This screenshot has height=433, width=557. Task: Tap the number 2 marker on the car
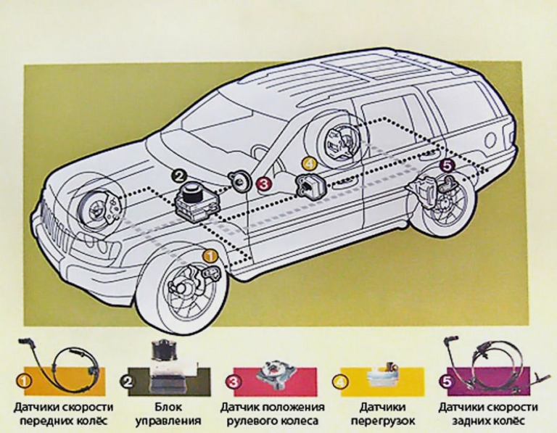(178, 174)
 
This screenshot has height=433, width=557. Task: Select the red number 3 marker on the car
(265, 183)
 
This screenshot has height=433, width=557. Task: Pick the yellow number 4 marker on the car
(309, 165)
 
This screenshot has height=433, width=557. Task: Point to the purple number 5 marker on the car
(447, 167)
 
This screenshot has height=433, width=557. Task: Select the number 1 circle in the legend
(24, 379)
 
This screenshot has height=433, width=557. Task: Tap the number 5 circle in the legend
(447, 379)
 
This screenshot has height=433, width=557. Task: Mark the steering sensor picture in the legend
(277, 370)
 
